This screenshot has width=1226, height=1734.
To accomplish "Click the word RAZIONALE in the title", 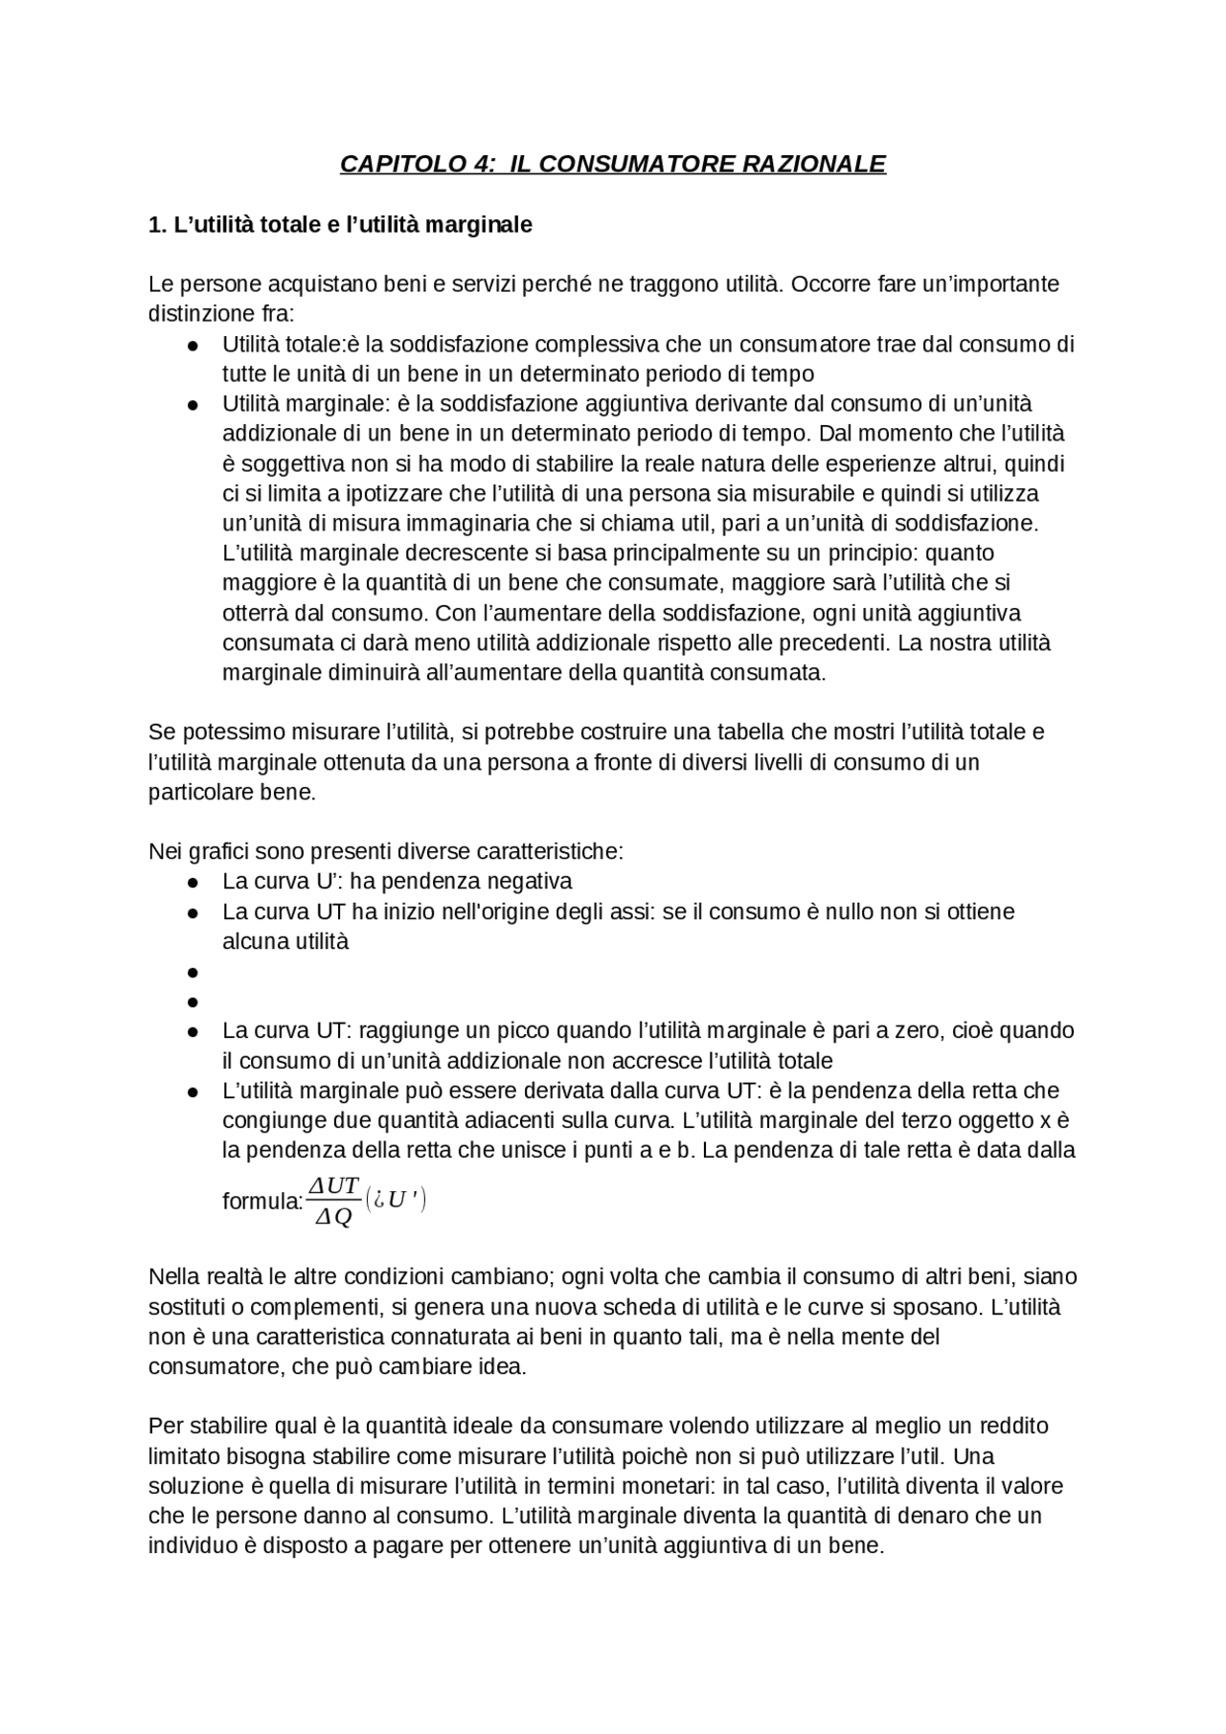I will click(x=813, y=164).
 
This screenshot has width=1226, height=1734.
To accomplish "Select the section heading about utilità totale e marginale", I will click(x=340, y=225).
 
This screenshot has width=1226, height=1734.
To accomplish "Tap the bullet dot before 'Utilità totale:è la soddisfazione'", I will click(x=193, y=346).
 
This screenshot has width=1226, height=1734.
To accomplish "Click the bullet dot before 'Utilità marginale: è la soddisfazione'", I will click(x=193, y=405).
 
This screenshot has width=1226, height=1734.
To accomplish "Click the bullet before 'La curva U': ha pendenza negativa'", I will click(x=193, y=883).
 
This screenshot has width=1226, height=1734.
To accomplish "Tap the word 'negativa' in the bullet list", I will click(x=529, y=881).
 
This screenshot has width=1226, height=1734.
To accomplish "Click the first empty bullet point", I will click(x=193, y=973).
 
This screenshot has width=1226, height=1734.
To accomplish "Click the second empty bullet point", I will click(x=193, y=1002).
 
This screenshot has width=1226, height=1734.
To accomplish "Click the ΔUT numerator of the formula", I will click(x=333, y=1186).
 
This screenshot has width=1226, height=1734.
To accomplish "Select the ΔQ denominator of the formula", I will click(x=333, y=1217).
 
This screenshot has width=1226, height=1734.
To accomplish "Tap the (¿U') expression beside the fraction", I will click(x=396, y=1200).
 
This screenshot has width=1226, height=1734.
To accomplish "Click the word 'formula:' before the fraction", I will click(x=261, y=1202).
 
